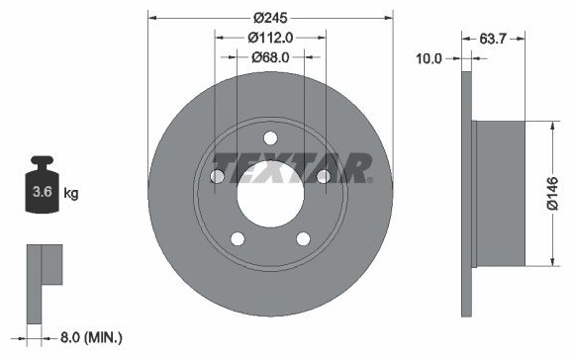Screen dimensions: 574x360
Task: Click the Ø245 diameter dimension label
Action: tap(270, 18)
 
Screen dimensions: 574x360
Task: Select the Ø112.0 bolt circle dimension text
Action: tap(270, 38)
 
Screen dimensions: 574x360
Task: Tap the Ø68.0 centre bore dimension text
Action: tap(270, 57)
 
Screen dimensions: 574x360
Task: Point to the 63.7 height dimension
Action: tap(493, 39)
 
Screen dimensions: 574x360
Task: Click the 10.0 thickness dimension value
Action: tap(430, 58)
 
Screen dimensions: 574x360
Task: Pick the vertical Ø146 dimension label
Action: tap(553, 193)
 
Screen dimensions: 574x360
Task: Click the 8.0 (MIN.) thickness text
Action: tap(91, 337)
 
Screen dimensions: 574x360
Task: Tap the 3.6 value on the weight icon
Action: tap(43, 191)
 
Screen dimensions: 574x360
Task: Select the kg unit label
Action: tap(71, 193)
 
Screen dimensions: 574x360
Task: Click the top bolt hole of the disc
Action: tap(270, 138)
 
